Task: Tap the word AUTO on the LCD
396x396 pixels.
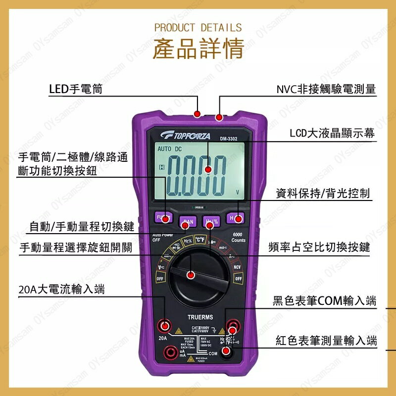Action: coord(164,149)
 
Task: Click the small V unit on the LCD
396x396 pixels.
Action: coord(238,192)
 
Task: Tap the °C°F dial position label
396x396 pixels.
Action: coord(200,240)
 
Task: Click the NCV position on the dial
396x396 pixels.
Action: coord(237,267)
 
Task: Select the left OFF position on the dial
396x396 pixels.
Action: coord(160,279)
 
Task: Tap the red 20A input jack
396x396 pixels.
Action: coord(163,326)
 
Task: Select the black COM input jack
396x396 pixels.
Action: coord(227,351)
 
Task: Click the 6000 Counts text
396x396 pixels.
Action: coord(239,237)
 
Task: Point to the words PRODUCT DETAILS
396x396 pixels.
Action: coord(198,27)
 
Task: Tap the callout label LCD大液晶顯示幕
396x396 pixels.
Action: coord(332,133)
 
